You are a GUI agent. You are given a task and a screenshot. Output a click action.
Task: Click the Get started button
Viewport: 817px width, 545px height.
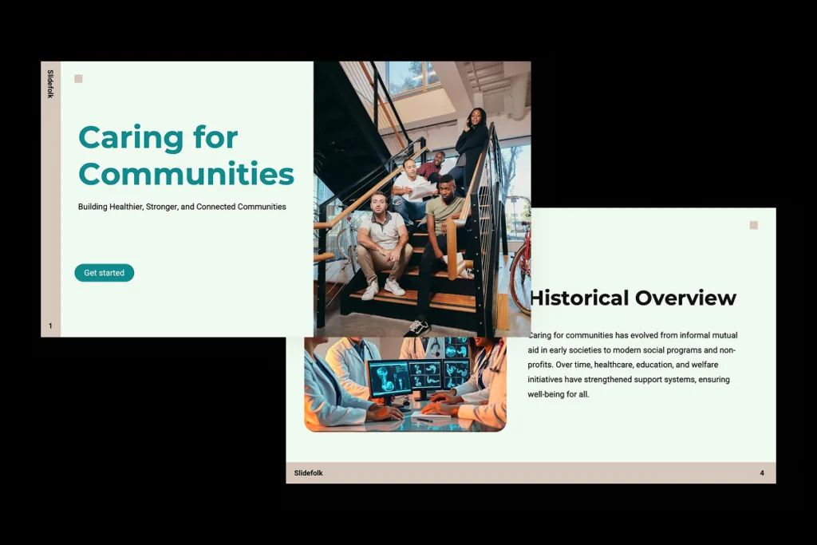[x=105, y=273]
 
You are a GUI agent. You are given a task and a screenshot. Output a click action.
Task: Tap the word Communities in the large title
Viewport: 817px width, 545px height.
[x=186, y=174]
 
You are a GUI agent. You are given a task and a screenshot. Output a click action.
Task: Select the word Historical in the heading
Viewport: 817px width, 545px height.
[x=579, y=298]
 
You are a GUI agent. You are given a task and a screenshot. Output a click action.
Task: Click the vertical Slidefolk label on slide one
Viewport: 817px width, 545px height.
[x=50, y=84]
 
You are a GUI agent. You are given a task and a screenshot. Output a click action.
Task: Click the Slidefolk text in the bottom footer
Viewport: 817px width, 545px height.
[x=309, y=473]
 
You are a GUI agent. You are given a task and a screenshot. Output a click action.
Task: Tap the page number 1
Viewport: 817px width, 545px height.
[x=50, y=326]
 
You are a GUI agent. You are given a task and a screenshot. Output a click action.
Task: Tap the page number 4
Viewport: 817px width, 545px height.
[x=761, y=473]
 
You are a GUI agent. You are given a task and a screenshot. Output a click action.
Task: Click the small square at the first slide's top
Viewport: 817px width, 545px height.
[x=78, y=78]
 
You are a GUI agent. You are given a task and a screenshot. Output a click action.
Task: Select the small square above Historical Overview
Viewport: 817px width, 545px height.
[x=753, y=225]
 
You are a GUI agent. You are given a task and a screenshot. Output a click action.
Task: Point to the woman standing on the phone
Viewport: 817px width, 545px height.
[x=472, y=144]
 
